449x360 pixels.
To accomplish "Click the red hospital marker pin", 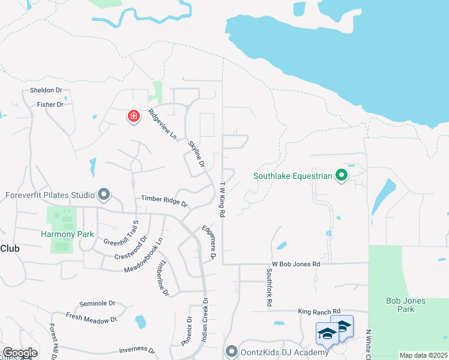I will click(133, 116).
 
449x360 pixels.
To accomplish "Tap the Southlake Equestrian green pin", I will click(342, 176).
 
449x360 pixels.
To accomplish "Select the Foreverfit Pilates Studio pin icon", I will click(104, 194).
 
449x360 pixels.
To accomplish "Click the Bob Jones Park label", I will click(406, 305).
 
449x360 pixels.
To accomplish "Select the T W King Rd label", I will click(222, 199).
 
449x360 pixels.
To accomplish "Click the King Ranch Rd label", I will click(319, 311).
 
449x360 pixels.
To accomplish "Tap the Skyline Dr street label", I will click(196, 154).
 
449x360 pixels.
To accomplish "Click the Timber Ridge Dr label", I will click(164, 200).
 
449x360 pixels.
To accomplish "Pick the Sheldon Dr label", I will click(46, 91).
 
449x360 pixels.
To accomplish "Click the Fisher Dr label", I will click(50, 104).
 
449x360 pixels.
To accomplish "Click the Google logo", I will click(20, 353).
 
